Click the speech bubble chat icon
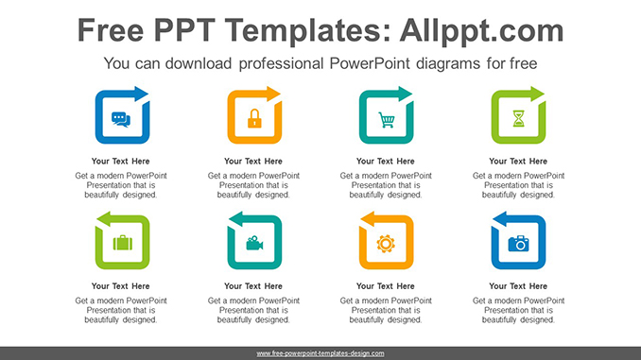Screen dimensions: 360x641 pos(120,119)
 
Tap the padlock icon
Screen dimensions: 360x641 pos(253,119)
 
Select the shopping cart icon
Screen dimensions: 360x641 pos(386,119)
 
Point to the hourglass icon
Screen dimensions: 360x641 pos(518,119)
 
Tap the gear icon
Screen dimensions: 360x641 pos(386,244)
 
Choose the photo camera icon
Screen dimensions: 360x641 pos(518,244)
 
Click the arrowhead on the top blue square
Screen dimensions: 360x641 pos(142,94)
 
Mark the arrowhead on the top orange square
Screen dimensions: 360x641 pos(274,94)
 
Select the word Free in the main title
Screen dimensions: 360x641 pos(113,30)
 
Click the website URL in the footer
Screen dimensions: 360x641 pos(320,353)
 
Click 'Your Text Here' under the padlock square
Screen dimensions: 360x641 pos(253,161)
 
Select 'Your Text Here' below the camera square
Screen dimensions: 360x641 pos(518,285)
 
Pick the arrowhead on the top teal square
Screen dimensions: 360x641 pos(407,94)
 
